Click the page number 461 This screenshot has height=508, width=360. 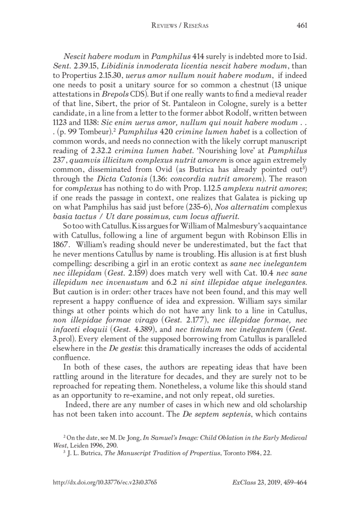[x=302, y=26]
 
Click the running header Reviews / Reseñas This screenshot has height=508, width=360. [x=180, y=26]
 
